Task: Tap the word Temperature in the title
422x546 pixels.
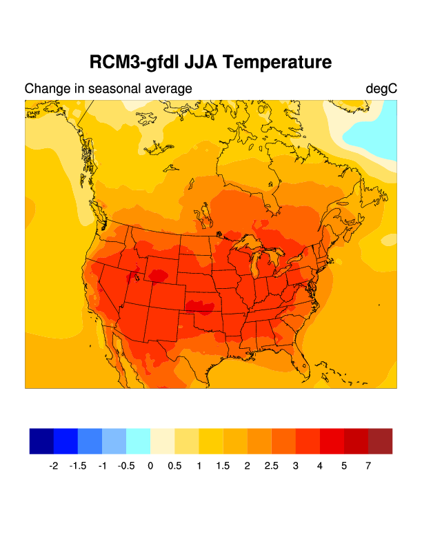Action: (x=279, y=63)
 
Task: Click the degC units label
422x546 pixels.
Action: (x=381, y=89)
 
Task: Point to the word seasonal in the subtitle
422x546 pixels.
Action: (x=116, y=89)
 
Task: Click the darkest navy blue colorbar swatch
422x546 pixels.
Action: (x=41, y=441)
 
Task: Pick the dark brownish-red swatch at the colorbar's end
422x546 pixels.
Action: (x=380, y=441)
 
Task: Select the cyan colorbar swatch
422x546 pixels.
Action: (x=138, y=441)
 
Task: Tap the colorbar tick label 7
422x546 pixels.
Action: (x=368, y=466)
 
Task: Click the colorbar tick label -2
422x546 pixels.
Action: (x=53, y=466)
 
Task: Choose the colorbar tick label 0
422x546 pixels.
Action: (x=150, y=466)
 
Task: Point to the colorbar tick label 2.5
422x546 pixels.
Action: (x=271, y=466)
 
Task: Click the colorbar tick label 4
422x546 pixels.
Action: (x=320, y=466)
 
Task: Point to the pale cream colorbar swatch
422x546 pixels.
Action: (x=162, y=441)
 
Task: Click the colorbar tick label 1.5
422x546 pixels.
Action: (x=223, y=466)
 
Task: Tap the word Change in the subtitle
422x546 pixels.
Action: (x=44, y=89)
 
